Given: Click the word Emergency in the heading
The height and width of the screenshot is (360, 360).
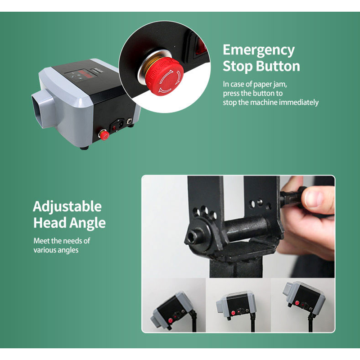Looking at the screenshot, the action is [258, 50].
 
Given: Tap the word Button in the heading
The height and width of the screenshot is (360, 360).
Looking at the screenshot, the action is [278, 66].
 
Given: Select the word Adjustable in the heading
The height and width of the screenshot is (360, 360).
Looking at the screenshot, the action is [67, 207].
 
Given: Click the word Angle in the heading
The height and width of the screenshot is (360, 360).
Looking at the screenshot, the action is [87, 223].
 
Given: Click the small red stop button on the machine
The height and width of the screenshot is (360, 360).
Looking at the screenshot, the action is [104, 135].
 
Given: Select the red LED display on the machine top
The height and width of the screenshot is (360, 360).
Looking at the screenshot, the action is [85, 73].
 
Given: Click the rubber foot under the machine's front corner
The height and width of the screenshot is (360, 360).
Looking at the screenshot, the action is [84, 148].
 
